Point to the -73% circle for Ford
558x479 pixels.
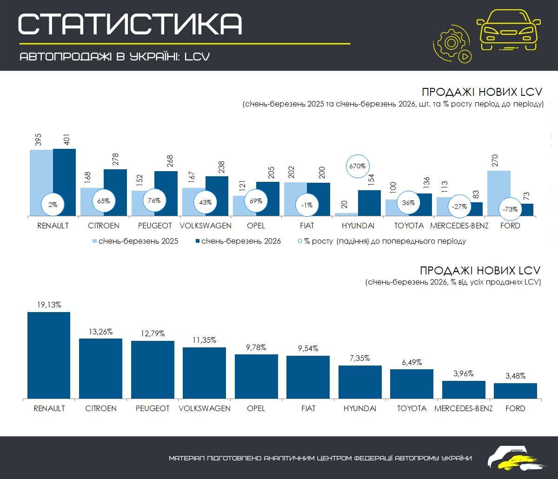click(x=510, y=209)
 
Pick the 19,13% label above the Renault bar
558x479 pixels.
click(x=49, y=305)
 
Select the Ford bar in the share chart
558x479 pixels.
click(x=515, y=391)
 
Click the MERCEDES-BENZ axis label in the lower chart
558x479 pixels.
click(x=463, y=408)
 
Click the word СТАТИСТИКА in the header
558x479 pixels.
click(x=131, y=24)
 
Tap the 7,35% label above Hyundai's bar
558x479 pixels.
click(x=360, y=358)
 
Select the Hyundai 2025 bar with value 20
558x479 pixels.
click(x=346, y=214)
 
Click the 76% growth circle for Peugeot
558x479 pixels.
click(x=154, y=200)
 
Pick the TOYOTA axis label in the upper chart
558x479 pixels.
click(x=409, y=226)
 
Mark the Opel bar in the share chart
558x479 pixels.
click(x=256, y=376)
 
